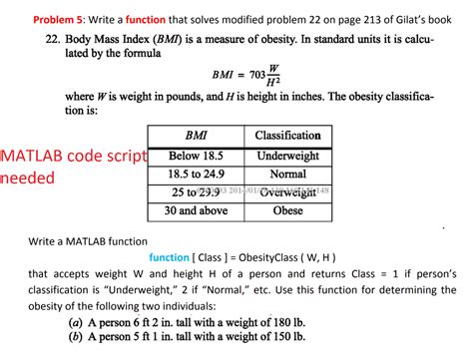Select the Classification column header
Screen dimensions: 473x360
click(287, 135)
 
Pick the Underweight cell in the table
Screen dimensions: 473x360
click(287, 156)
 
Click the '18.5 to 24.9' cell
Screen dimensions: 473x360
click(197, 174)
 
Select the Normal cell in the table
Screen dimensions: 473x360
click(287, 174)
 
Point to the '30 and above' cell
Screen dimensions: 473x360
click(197, 210)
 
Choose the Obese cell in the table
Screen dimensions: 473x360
click(287, 210)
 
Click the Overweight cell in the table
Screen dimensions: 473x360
click(287, 192)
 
